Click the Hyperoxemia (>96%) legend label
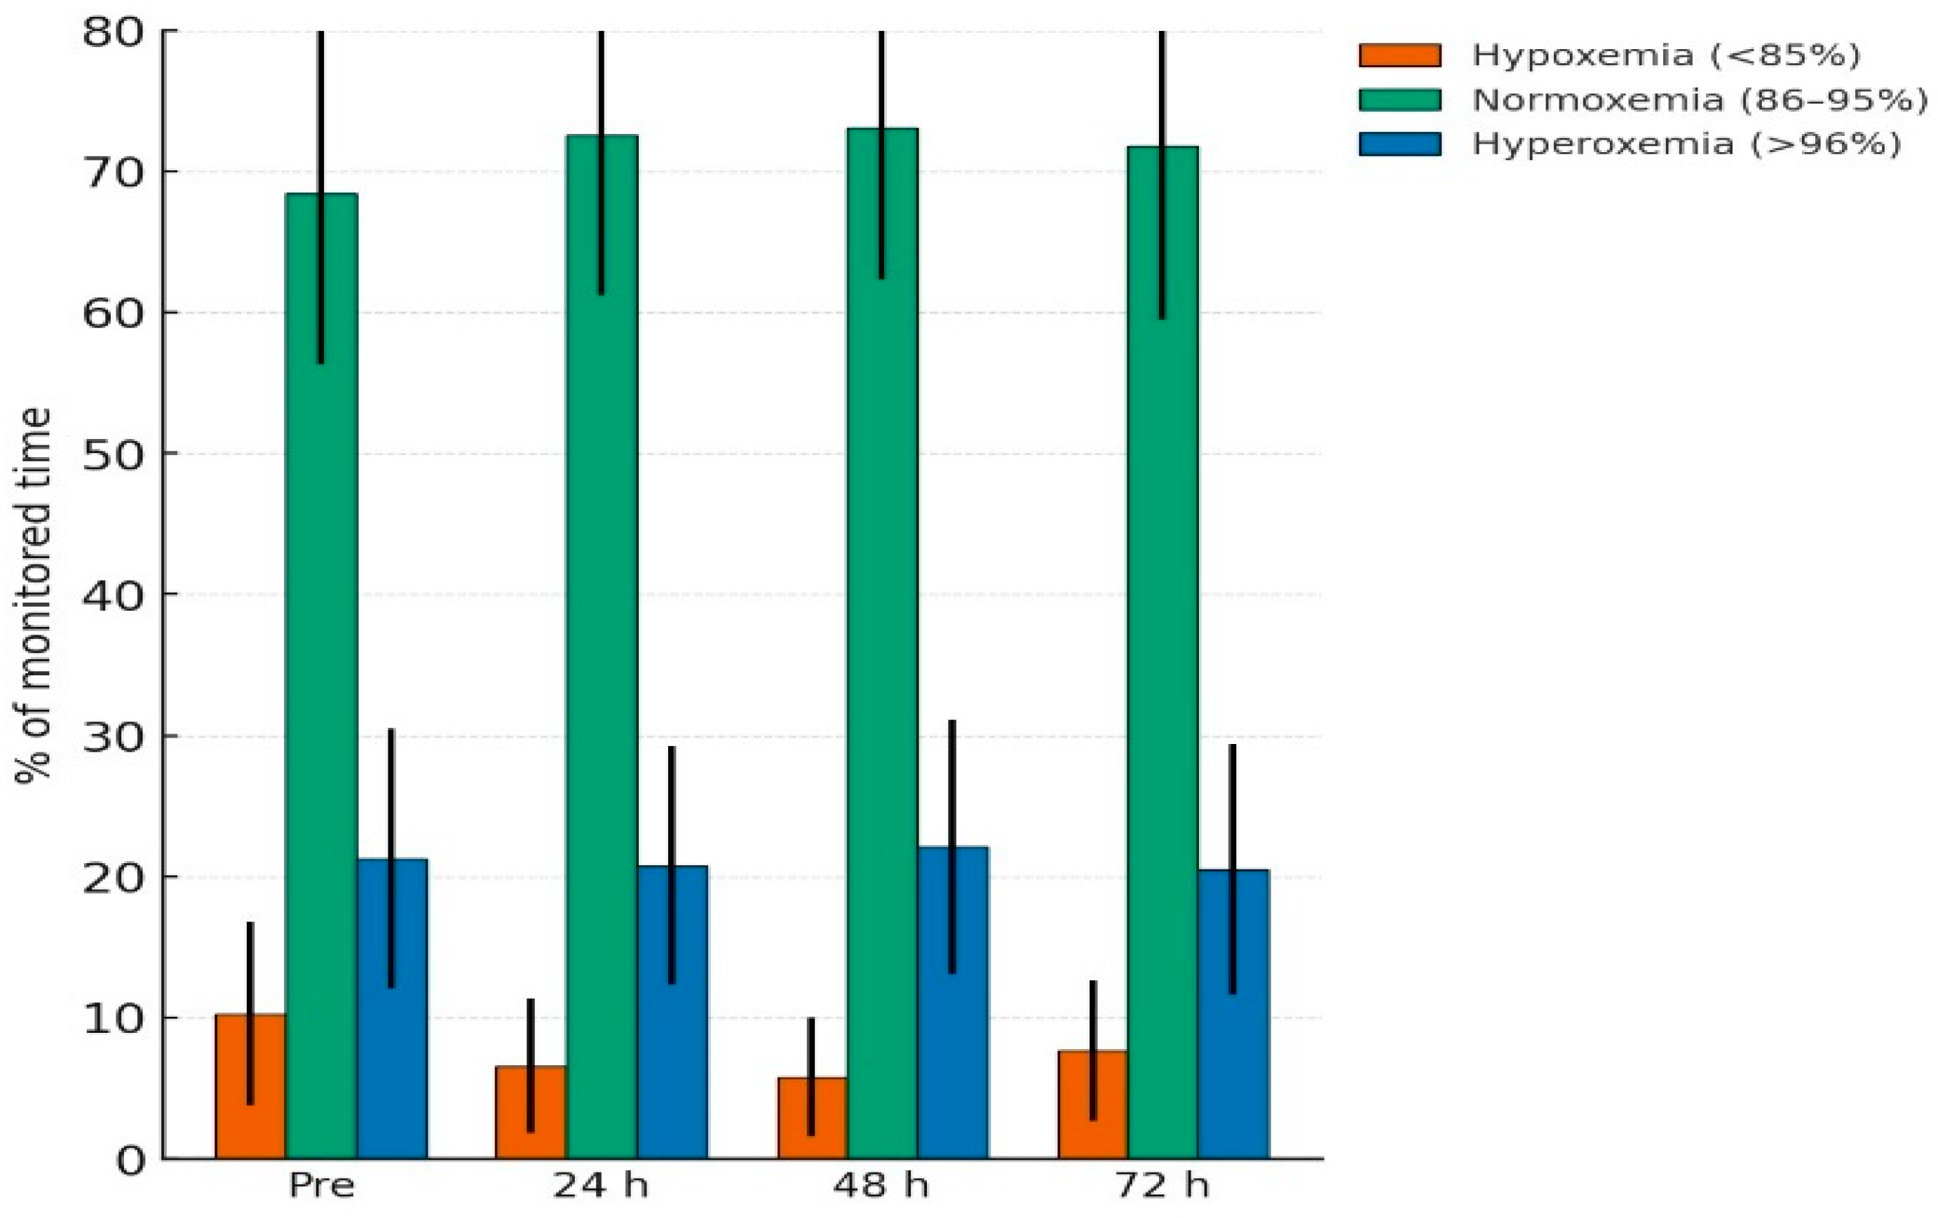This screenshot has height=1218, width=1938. coord(1686,144)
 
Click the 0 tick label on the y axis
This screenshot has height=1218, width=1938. coord(129,1160)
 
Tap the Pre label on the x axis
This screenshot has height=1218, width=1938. coord(321,1186)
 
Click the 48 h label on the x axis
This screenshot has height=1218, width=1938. coord(881,1186)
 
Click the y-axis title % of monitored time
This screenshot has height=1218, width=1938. coord(34,596)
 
